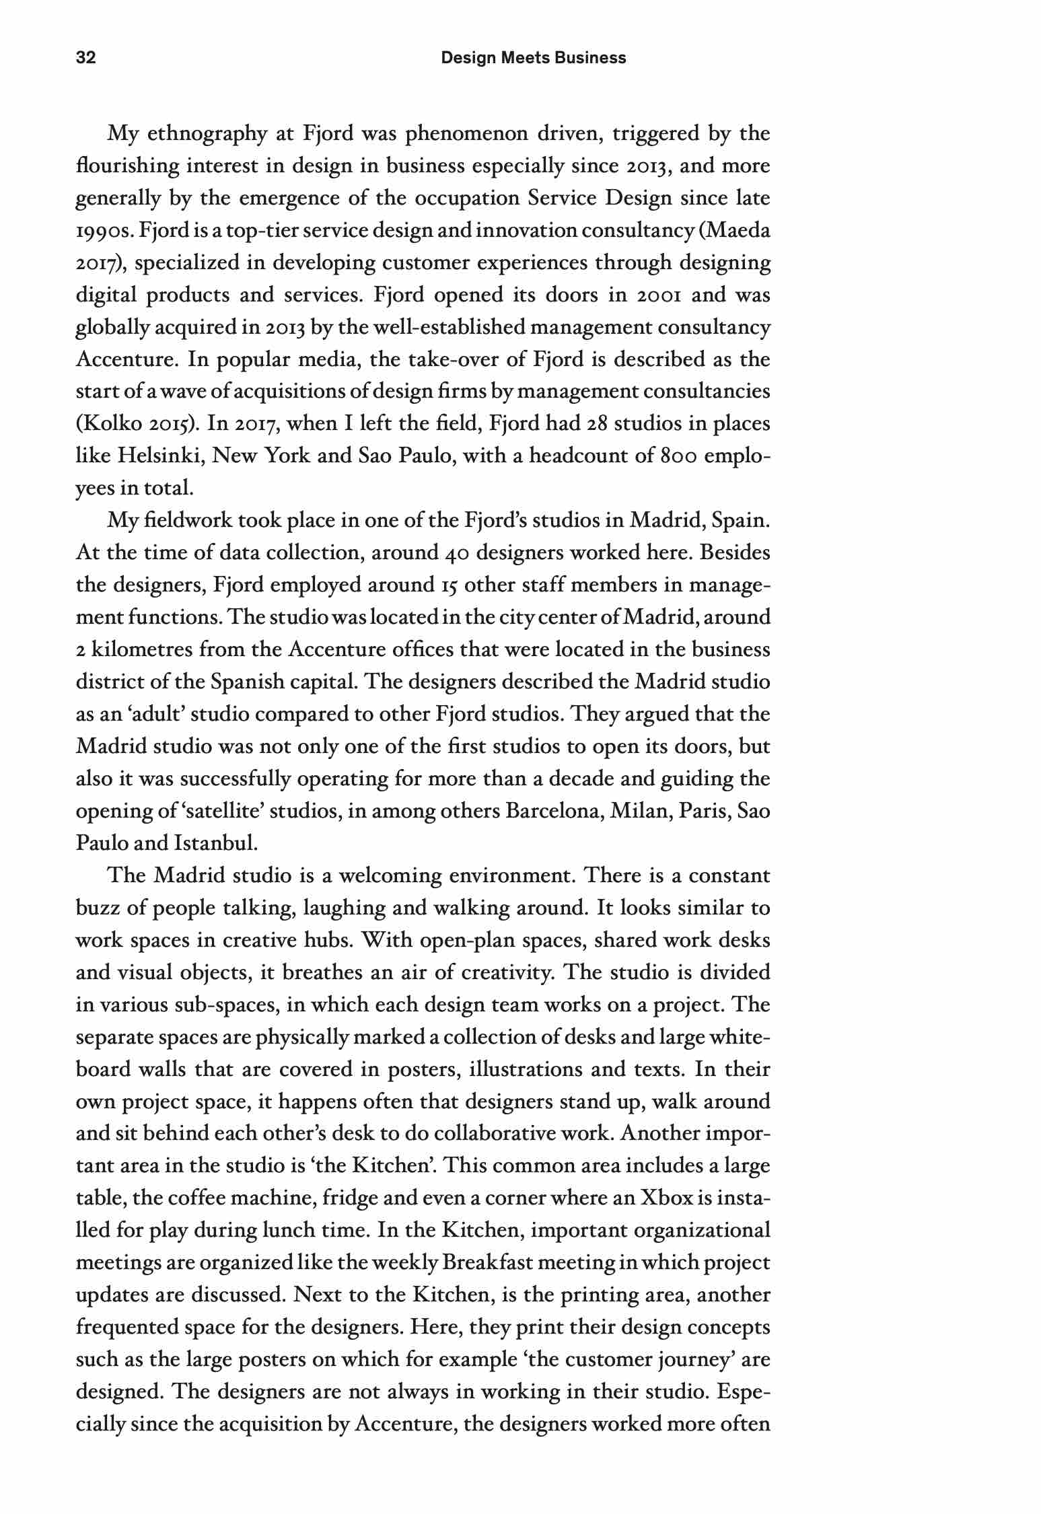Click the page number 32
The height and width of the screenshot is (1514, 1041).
click(86, 58)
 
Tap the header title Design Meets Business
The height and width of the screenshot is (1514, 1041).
click(533, 58)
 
